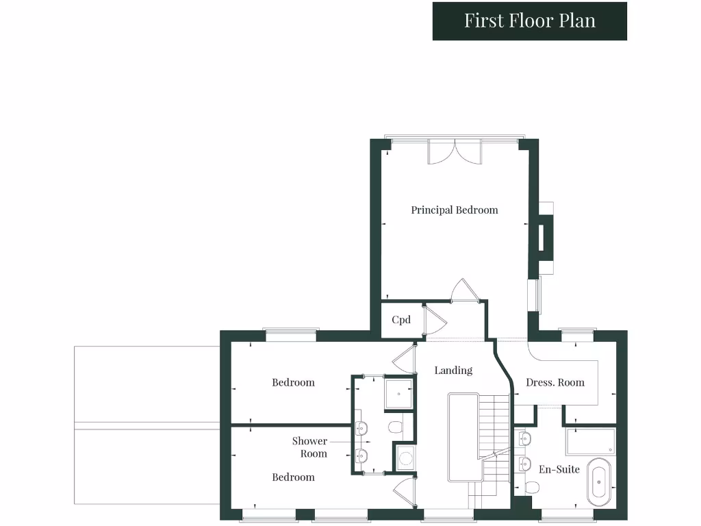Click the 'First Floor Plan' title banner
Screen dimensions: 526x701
[x=530, y=21]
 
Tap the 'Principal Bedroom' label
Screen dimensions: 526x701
[x=454, y=210]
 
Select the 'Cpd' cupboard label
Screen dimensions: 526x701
[x=401, y=320]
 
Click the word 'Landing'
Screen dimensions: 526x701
[x=453, y=371]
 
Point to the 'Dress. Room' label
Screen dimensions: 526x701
[x=555, y=382]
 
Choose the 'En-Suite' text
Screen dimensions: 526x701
[x=559, y=469]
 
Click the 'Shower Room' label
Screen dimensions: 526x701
[x=309, y=447]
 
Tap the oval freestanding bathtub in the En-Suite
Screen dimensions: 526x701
[x=598, y=481]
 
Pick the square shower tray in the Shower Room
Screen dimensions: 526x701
[x=398, y=394]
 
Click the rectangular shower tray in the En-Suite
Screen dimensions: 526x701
[x=590, y=442]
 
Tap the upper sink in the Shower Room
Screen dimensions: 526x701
[x=361, y=429]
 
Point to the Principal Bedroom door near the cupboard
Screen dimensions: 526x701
[x=461, y=290]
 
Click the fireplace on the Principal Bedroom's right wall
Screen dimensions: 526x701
[x=545, y=237]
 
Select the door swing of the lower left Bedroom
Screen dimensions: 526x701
[x=406, y=490]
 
